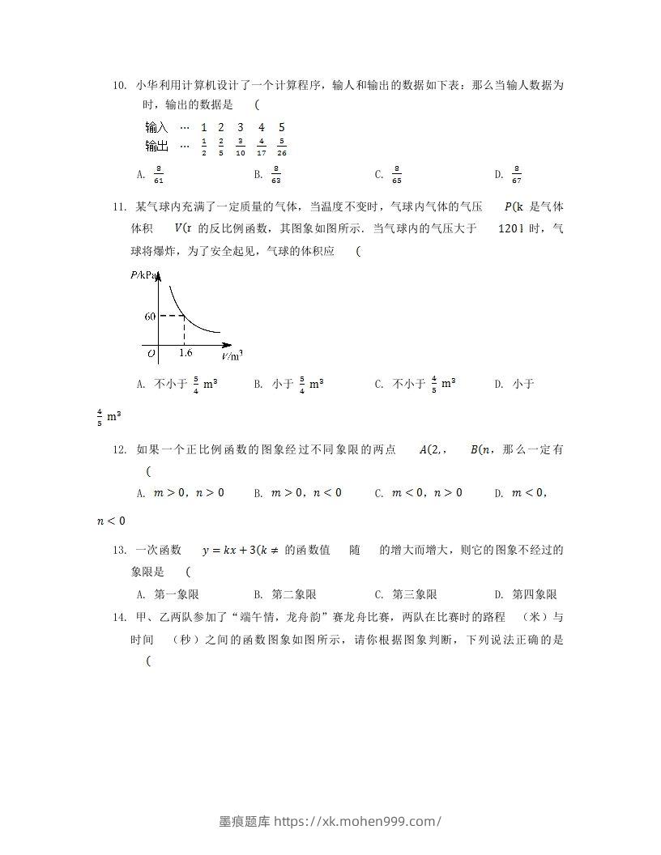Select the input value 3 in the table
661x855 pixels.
point(241,127)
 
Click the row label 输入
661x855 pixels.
point(156,127)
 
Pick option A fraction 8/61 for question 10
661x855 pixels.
point(159,174)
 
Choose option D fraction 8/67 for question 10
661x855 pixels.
point(517,174)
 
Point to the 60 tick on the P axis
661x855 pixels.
point(150,317)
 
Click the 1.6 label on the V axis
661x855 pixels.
point(185,353)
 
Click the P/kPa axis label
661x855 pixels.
point(145,275)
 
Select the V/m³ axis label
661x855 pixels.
point(232,355)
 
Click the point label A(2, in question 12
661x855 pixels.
point(433,450)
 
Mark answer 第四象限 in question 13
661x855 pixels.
point(535,593)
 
